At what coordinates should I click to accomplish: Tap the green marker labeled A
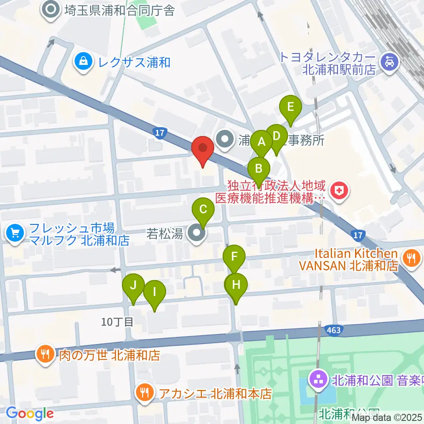click(261, 142)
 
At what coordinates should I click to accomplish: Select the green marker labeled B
click(259, 168)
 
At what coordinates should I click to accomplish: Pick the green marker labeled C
click(203, 209)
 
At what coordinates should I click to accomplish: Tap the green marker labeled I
click(154, 291)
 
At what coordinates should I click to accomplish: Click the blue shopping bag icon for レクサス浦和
click(83, 62)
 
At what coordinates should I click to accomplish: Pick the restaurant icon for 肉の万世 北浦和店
click(46, 354)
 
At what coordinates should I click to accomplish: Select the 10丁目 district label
click(117, 322)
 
